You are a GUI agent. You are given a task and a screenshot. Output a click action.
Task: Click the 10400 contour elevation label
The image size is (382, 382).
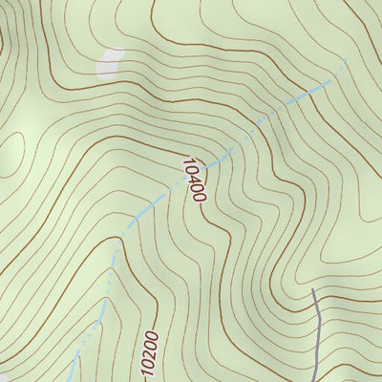pos(192,179)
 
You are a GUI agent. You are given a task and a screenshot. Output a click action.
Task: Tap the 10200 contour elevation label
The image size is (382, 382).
pos(148,351)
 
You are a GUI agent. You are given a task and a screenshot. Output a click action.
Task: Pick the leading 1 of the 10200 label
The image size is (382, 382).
pos(150,332)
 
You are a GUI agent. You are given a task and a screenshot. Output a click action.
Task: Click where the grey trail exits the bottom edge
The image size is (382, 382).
pos(318,380)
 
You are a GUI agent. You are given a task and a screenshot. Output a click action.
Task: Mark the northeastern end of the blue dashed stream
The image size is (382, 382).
pos(344,70)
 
